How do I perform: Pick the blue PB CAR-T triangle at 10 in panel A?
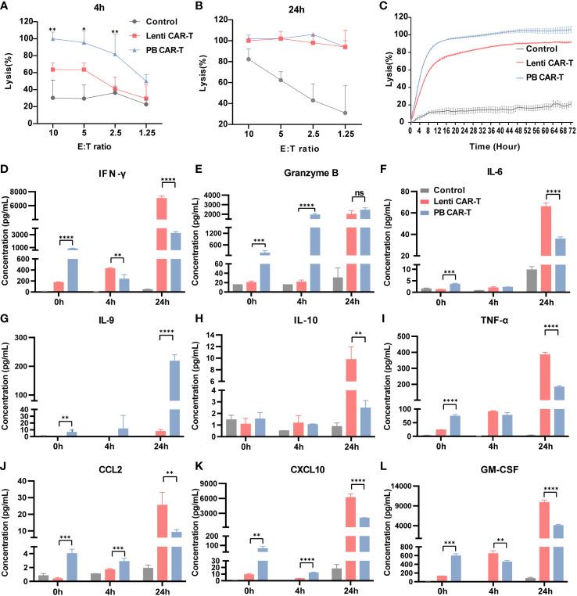(x=53, y=38)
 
